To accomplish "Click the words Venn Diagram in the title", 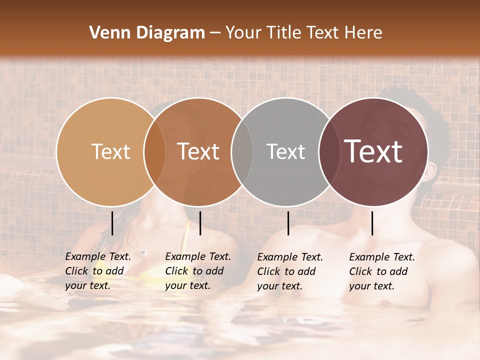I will coord(147,33).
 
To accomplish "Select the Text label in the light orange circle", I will coord(110,151).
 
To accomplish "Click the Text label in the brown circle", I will coord(198,151).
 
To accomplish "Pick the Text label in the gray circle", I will coord(285,151).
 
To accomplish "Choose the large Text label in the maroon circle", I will coord(373,151).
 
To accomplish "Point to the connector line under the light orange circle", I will coord(112,223).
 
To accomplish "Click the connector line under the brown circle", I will coord(200,223).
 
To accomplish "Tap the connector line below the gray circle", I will coord(288,223).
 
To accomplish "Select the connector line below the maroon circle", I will coord(372,223).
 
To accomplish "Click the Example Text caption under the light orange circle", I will coord(98,271).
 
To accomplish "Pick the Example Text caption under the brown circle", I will coord(198,271).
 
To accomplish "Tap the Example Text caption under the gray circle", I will coord(290,271).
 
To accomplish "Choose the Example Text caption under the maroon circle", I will coord(382,271).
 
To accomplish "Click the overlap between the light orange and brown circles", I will coord(154,151).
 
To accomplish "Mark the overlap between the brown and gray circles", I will coord(242,151).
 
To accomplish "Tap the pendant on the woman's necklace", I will coord(143,252).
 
